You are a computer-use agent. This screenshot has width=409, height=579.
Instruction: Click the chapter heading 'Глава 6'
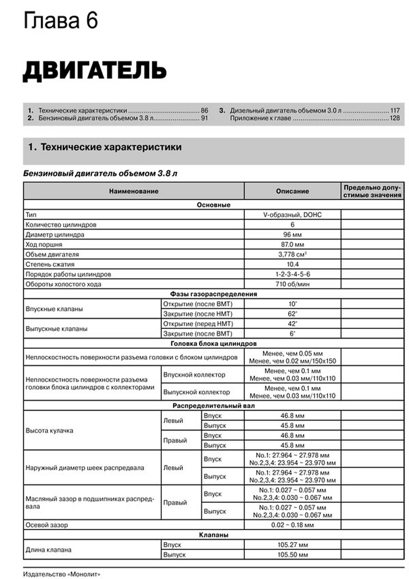tap(61, 21)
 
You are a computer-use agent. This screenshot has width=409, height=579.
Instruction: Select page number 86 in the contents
tap(204, 111)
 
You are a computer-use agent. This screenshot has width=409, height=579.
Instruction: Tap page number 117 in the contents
tap(395, 111)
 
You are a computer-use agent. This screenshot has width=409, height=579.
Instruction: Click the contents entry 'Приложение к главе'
tap(260, 118)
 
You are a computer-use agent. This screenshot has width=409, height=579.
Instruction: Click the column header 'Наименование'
tap(134, 191)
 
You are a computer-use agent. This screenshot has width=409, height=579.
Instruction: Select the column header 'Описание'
tap(292, 191)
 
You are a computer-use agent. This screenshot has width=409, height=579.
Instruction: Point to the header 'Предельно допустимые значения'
tap(372, 191)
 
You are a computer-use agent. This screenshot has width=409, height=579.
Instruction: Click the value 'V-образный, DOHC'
tap(292, 215)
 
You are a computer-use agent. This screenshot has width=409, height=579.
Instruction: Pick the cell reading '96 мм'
tap(292, 235)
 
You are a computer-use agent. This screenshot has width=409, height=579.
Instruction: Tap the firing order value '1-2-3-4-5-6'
tap(292, 274)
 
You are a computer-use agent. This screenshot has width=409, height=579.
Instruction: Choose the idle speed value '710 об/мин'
tap(292, 284)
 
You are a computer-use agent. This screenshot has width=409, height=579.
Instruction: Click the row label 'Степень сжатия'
tap(50, 264)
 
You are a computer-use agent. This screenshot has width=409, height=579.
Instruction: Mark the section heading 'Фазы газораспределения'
tap(213, 294)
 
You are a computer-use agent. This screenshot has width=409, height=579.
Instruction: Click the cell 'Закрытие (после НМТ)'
tap(198, 314)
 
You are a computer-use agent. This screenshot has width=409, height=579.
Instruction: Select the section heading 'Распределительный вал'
tap(213, 406)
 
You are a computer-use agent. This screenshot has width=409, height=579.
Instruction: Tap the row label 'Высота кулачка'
tap(49, 430)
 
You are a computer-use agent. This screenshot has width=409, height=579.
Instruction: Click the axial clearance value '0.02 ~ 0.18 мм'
tap(292, 525)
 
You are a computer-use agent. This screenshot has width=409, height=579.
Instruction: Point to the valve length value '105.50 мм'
tap(292, 555)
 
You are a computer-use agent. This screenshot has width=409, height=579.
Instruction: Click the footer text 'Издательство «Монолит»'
tap(62, 574)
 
